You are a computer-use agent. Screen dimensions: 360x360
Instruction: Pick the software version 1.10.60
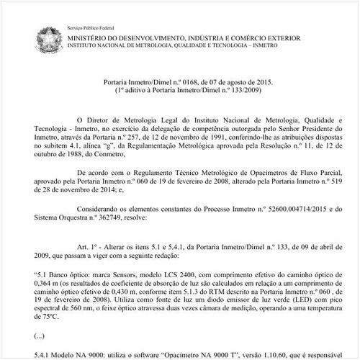coord(263,354)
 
